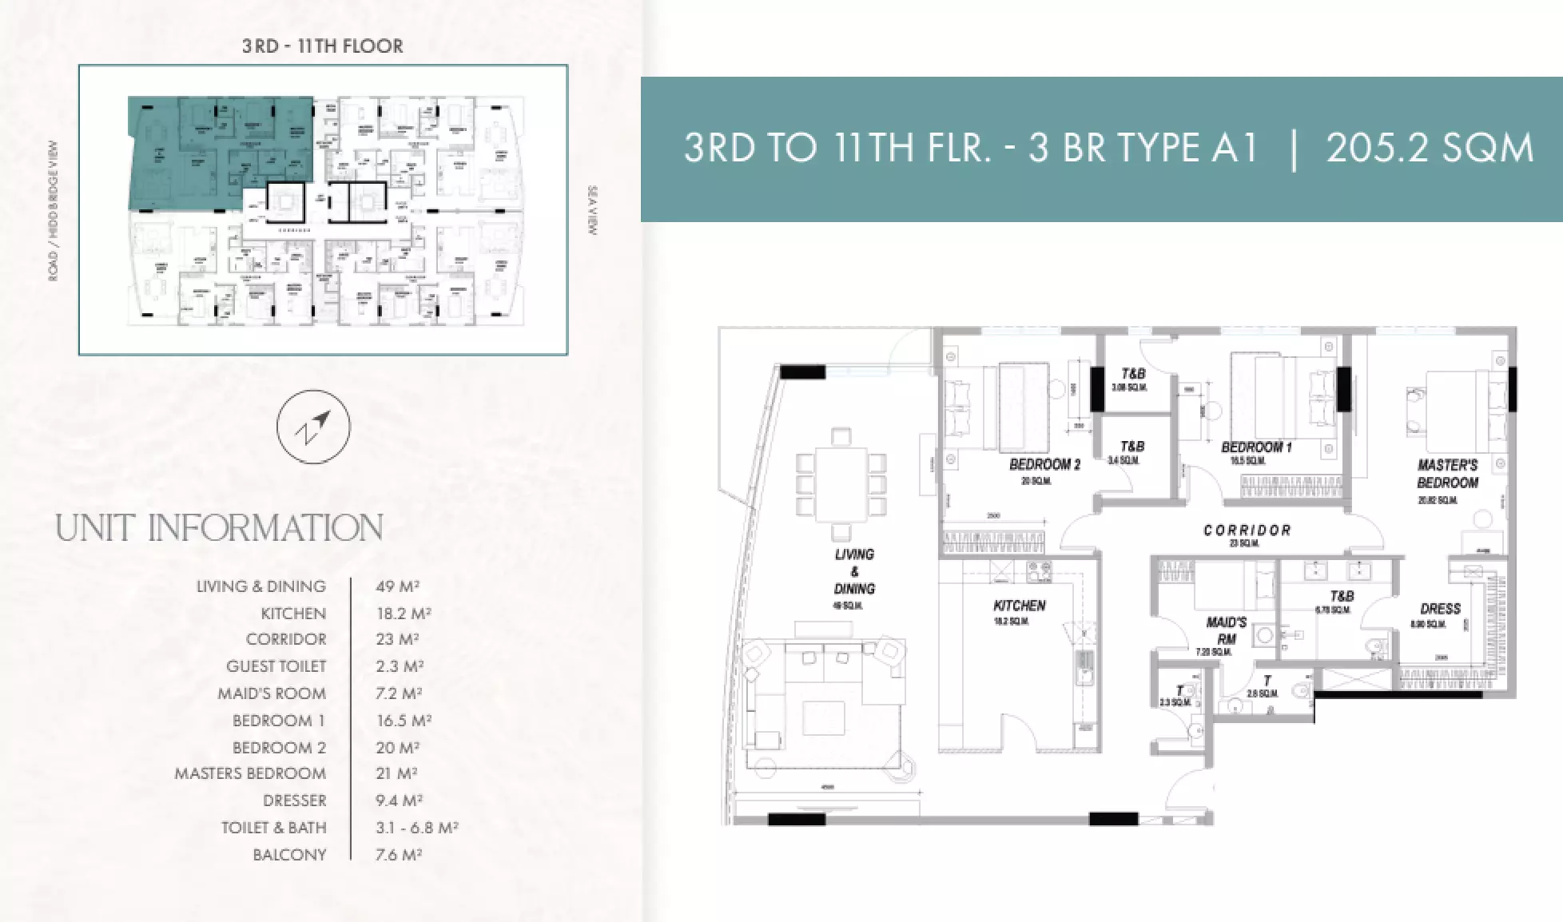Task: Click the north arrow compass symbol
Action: click(313, 427)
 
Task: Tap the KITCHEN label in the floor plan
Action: click(1020, 606)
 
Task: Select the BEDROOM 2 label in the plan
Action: click(1044, 464)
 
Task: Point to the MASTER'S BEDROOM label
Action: click(1447, 474)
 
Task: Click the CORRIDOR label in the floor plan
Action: click(1247, 531)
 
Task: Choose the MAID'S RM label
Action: click(1226, 630)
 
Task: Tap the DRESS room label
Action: click(1440, 609)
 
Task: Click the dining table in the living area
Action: click(841, 484)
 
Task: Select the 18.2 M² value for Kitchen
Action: click(403, 614)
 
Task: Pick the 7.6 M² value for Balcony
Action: click(398, 855)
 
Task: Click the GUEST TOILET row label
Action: click(276, 666)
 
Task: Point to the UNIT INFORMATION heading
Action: click(219, 529)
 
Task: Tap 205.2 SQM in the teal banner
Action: click(1430, 149)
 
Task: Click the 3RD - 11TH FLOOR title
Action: click(323, 46)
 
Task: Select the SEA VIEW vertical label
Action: click(592, 210)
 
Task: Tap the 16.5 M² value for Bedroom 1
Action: click(404, 721)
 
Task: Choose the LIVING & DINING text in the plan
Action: click(854, 571)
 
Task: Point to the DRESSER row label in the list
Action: click(294, 801)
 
